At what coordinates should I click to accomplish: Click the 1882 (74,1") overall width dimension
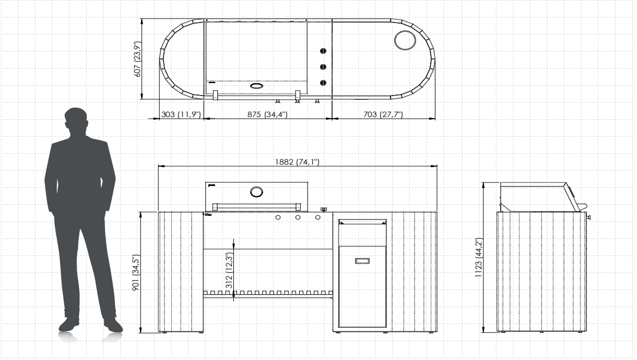coord(297,162)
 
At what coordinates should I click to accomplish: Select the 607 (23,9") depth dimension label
coord(138,59)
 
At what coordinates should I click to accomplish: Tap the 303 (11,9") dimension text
coord(181,114)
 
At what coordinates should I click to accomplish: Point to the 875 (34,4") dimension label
coord(267,114)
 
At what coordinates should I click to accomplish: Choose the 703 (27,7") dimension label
coord(383,114)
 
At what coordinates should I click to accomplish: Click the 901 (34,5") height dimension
coord(136,273)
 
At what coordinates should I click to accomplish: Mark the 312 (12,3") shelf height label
coord(229,271)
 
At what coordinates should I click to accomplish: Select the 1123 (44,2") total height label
coord(479,258)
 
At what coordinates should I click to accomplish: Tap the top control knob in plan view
coord(323,51)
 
